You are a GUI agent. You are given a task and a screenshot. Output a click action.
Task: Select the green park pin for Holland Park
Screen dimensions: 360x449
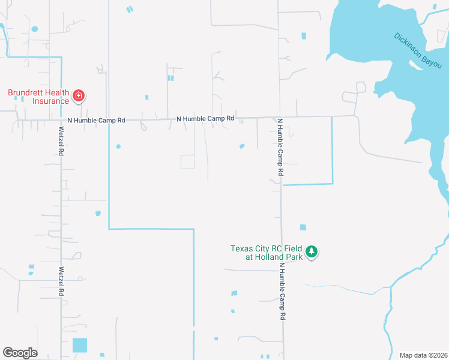[311, 251]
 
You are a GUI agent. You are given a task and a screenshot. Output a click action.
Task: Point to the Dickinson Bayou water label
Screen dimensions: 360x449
[418, 50]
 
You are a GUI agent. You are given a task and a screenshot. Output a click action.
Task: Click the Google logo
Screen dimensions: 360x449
[20, 353]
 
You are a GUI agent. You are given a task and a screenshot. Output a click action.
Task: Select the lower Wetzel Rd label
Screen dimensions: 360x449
[61, 281]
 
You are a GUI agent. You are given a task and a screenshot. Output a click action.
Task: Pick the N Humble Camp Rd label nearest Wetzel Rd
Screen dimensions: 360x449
[96, 121]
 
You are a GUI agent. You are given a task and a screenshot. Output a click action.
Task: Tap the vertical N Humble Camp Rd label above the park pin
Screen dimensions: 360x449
[280, 146]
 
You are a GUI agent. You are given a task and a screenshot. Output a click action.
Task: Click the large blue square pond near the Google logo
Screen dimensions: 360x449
[80, 345]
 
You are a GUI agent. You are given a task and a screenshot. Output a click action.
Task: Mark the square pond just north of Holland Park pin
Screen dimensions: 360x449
[303, 227]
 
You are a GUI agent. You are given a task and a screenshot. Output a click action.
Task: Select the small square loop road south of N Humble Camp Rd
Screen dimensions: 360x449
[187, 161]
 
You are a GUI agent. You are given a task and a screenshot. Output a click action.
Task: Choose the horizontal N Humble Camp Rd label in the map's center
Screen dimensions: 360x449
[205, 119]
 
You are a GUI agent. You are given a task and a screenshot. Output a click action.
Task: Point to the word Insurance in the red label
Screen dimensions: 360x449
[51, 101]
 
